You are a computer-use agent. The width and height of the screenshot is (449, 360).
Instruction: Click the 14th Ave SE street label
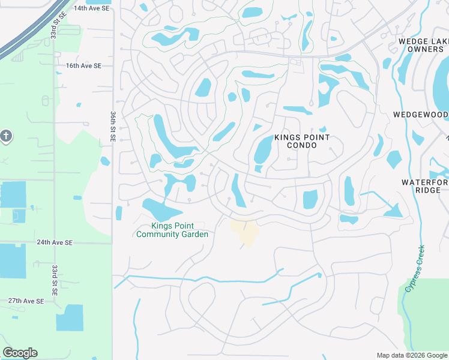[x=91, y=8]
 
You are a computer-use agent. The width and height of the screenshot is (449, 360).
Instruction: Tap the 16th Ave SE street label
[x=83, y=65]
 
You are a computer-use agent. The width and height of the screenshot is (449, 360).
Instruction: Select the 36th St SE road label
[x=112, y=126]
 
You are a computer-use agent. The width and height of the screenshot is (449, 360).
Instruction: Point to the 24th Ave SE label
[x=54, y=242]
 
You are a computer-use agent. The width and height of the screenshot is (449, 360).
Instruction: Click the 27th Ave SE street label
[x=26, y=301]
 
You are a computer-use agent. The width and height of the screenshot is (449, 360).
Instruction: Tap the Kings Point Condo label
[x=301, y=141]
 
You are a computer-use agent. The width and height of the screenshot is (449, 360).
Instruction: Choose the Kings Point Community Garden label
[x=172, y=230]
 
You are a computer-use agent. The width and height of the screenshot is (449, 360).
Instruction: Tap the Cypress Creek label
[x=414, y=269]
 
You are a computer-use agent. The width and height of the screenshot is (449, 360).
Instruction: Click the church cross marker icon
[x=6, y=136]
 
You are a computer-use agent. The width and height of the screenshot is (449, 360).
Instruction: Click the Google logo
[x=20, y=353]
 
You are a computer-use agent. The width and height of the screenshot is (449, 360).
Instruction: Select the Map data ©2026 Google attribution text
[x=411, y=355]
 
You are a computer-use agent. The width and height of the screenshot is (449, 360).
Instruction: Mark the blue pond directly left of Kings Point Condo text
[x=263, y=149]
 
